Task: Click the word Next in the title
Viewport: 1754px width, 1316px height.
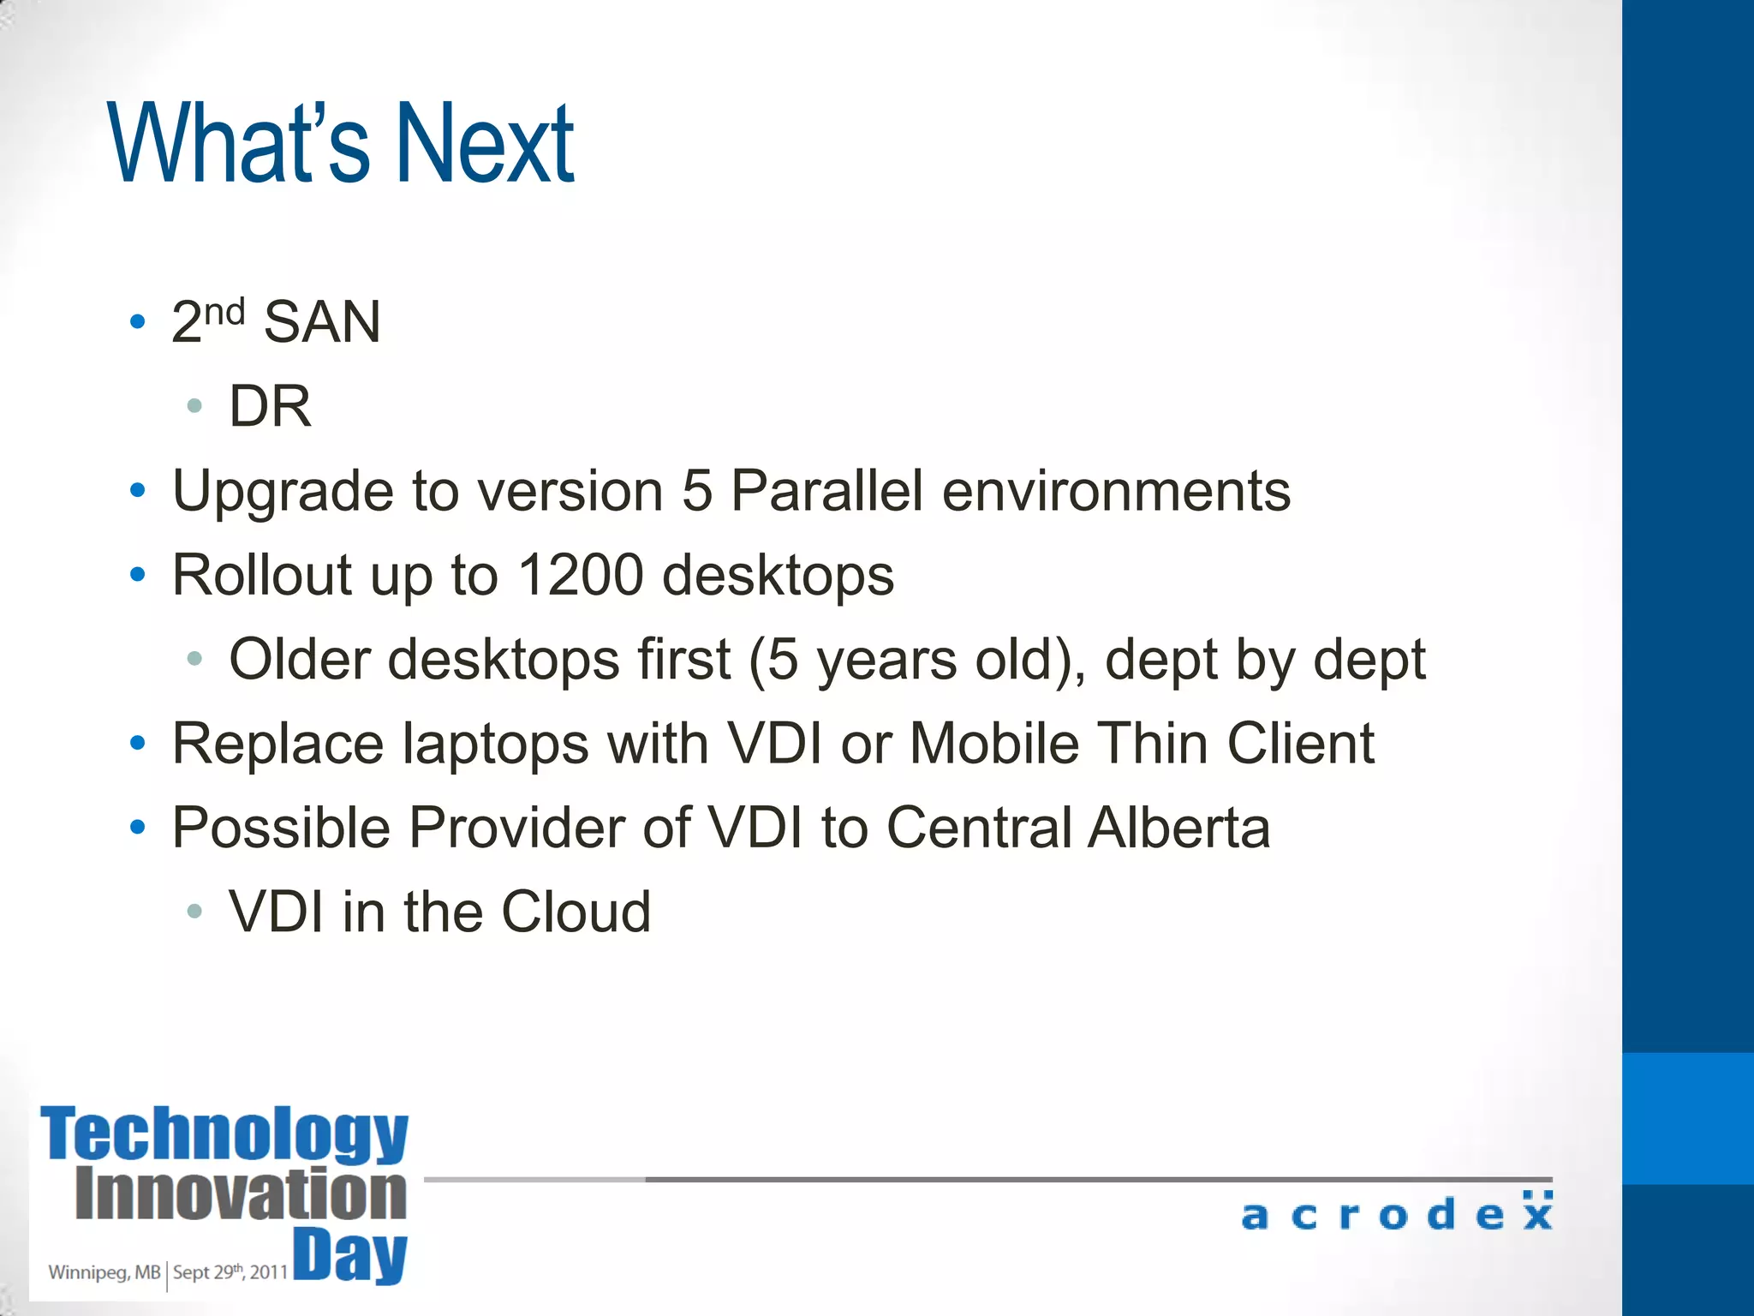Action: pos(484,143)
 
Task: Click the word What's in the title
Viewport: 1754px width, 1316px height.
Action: pos(239,143)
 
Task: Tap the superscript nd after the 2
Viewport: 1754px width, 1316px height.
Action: pos(224,312)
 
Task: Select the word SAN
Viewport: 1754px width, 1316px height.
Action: pos(321,323)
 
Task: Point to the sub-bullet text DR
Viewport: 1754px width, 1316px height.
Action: pos(270,406)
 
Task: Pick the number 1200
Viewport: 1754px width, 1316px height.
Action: pos(581,575)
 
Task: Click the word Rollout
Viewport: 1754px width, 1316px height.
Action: pos(261,575)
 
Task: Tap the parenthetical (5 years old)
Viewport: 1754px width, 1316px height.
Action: pos(917,660)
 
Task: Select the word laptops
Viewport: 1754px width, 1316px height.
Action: pos(496,744)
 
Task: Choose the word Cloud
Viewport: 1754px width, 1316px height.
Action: pos(576,912)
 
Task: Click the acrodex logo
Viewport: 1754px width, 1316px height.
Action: pos(1396,1212)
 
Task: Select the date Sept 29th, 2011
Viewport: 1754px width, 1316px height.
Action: pos(230,1272)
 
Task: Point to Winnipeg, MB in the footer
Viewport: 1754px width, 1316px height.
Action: pos(104,1272)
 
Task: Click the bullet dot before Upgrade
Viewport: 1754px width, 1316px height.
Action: pos(138,491)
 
